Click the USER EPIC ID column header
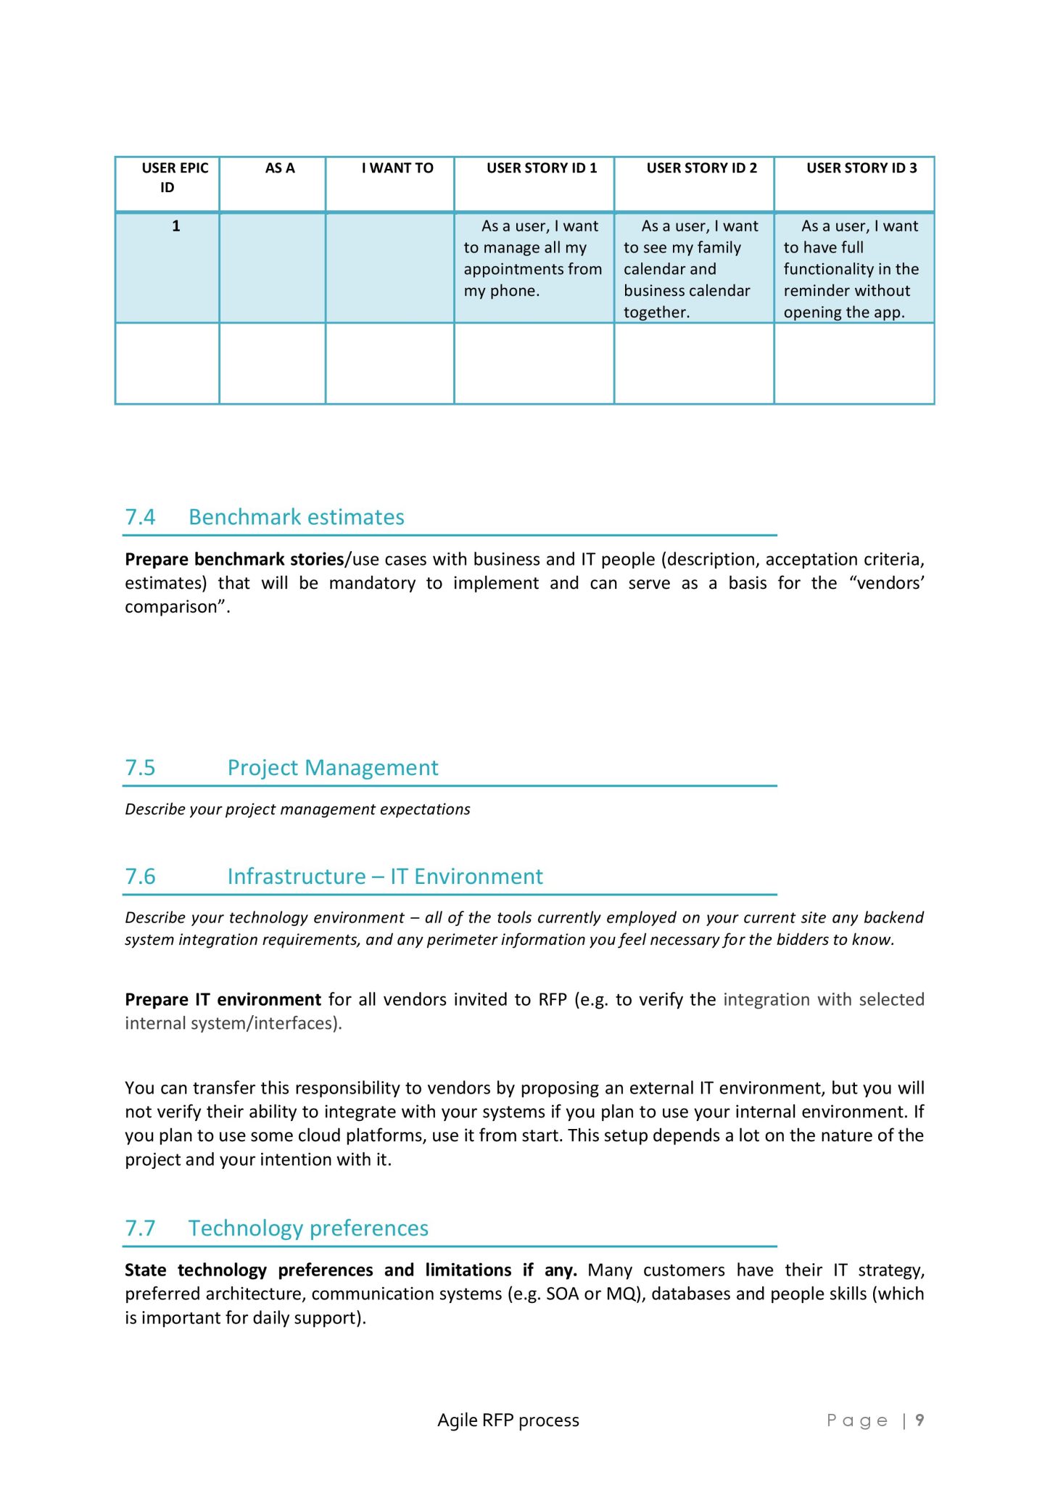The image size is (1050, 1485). tap(174, 178)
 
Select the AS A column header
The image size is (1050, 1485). tap(280, 168)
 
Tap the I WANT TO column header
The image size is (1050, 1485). tap(397, 168)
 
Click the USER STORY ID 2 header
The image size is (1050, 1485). tap(701, 168)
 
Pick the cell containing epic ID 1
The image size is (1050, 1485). tap(175, 226)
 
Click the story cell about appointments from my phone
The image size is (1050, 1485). tap(534, 258)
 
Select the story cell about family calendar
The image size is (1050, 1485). tap(693, 269)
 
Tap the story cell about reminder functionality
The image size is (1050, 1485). tap(853, 269)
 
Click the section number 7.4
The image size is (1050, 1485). tap(140, 517)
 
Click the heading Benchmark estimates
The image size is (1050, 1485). tap(296, 517)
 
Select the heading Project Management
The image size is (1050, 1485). tap(333, 768)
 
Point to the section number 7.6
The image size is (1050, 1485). tap(140, 877)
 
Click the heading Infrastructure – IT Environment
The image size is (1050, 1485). tap(384, 877)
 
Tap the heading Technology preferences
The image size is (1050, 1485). tap(308, 1228)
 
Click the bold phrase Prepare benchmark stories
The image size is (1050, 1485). tap(233, 560)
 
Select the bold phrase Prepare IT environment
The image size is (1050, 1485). tap(223, 1000)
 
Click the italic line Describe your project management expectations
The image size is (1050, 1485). tap(297, 809)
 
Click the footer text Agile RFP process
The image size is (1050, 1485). tap(508, 1420)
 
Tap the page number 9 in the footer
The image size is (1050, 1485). tap(919, 1420)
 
